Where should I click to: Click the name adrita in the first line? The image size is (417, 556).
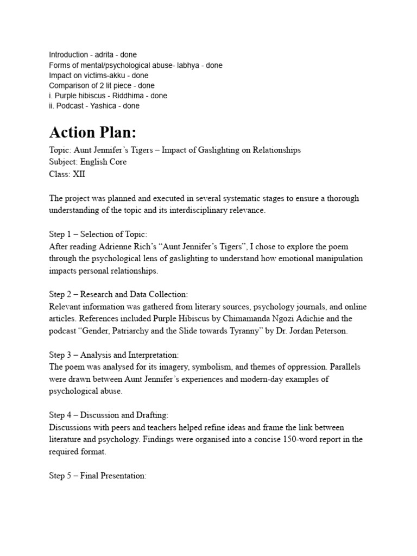coord(102,55)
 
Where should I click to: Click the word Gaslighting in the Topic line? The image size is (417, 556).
coord(212,150)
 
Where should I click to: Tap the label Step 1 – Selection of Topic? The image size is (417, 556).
coord(98,234)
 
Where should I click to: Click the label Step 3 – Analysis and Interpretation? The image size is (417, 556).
coord(113,355)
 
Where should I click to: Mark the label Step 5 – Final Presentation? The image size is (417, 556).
coord(98,476)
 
